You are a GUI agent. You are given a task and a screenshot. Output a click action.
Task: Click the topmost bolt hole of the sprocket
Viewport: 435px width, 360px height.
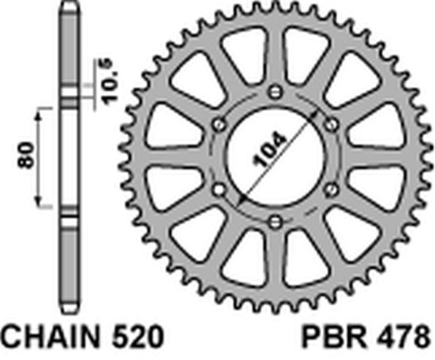coord(275,90)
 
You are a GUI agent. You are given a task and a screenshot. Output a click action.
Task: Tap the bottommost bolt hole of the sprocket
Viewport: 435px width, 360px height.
coord(275,220)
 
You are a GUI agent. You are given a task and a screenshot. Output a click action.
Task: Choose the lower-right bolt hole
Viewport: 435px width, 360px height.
coord(331,188)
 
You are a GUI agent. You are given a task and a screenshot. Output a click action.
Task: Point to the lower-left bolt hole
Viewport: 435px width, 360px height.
coord(218,188)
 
